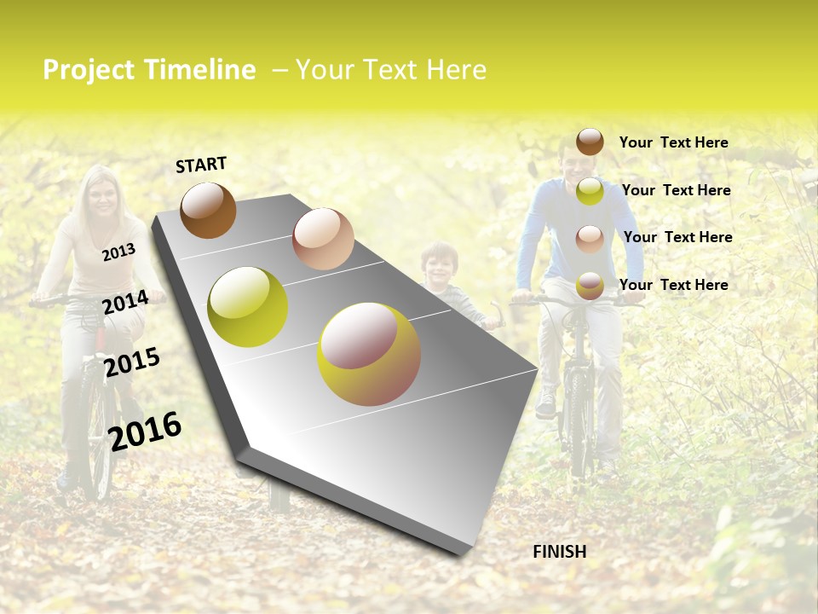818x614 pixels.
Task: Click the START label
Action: [201, 165]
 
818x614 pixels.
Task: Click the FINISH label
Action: [559, 552]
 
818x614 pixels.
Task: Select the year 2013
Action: [118, 252]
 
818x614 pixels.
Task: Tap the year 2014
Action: [125, 303]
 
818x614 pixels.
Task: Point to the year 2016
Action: [145, 432]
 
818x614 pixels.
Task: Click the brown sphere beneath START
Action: [208, 210]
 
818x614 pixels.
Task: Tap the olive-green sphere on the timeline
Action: [248, 307]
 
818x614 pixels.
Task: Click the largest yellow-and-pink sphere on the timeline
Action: [368, 354]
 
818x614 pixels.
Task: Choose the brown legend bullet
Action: [590, 142]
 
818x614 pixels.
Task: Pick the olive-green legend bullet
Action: [590, 191]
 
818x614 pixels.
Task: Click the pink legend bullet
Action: [590, 238]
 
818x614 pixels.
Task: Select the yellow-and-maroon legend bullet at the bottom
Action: [590, 285]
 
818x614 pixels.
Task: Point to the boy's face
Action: [440, 264]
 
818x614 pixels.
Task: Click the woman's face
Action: [103, 195]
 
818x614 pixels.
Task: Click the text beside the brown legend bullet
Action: [673, 142]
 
